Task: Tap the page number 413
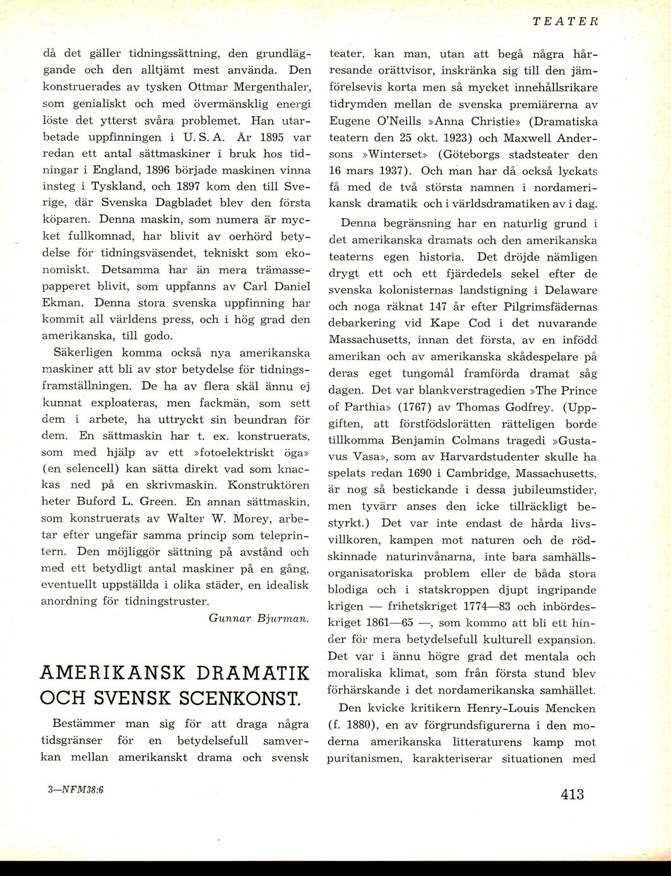tap(572, 794)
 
